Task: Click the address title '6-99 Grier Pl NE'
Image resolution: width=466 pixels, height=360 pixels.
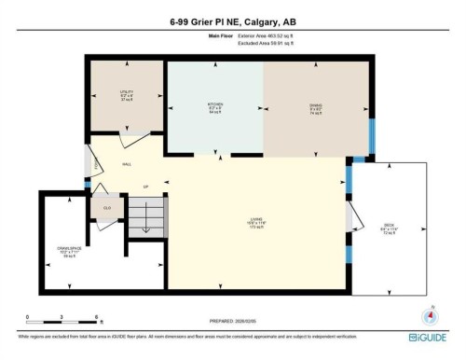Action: [x=200, y=22]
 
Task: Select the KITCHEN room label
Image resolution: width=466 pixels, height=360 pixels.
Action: [x=214, y=105]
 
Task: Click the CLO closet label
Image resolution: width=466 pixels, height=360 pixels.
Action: [x=107, y=207]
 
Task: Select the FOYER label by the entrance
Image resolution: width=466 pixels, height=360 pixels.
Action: [x=96, y=166]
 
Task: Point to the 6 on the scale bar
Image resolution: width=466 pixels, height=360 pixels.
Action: [x=97, y=318]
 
